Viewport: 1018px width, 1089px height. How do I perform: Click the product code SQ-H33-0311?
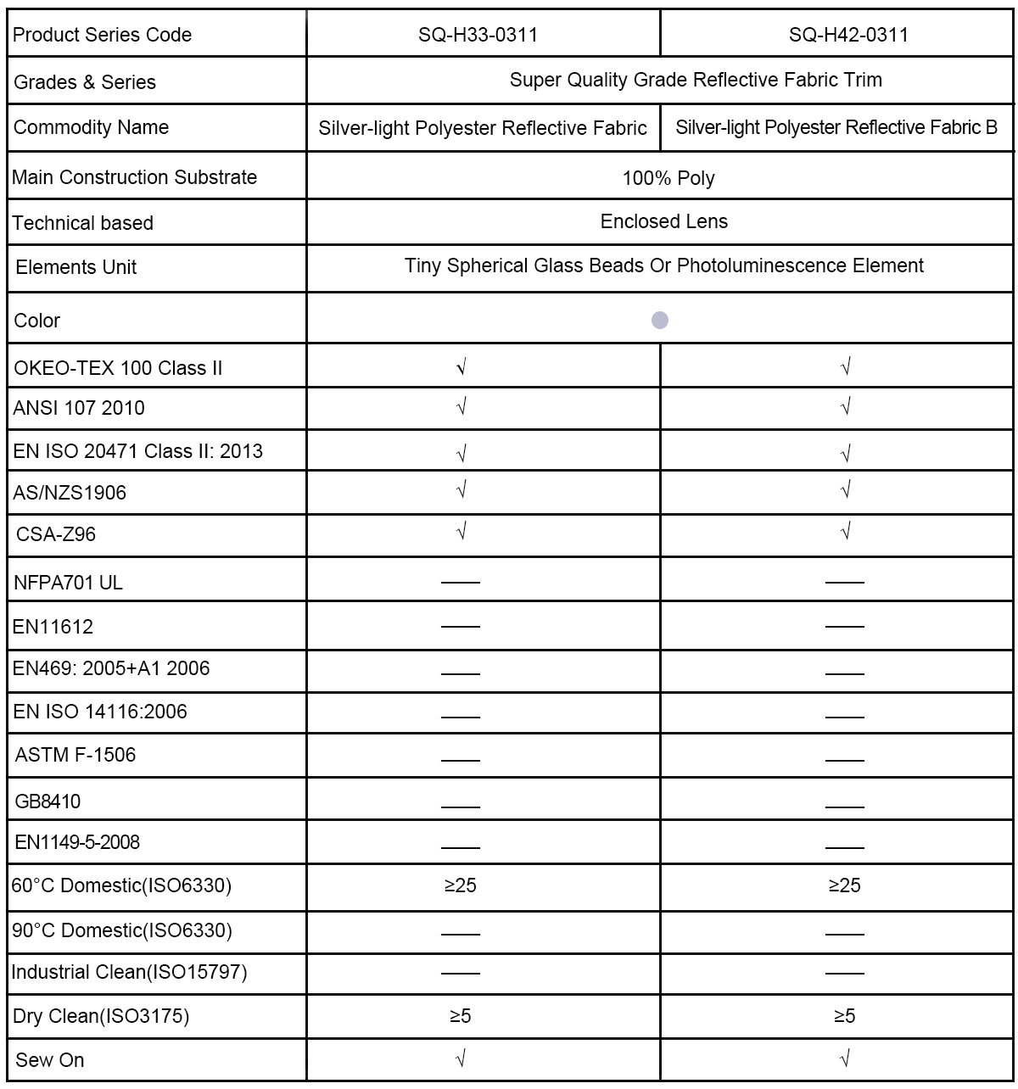(478, 35)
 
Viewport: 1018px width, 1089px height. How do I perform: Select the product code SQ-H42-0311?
(848, 35)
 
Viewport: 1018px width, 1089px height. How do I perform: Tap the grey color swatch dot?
(660, 320)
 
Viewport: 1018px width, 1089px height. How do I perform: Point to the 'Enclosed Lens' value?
(663, 221)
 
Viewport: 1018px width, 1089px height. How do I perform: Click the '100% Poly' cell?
(668, 178)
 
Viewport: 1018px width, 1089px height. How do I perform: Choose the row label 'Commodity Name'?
(91, 127)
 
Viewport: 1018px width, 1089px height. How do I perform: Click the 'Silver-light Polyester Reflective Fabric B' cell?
(836, 127)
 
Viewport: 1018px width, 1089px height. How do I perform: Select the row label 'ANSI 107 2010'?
(79, 408)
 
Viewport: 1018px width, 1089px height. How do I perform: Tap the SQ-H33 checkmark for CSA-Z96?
(461, 532)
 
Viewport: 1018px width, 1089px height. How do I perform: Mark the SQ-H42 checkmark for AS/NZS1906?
(845, 490)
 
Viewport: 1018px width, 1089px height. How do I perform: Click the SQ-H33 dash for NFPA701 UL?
(461, 583)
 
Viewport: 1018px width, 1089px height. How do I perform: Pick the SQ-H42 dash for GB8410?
(845, 807)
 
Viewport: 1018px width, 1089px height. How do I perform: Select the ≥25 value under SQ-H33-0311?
(461, 885)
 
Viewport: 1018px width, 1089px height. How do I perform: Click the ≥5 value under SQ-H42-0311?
(845, 1015)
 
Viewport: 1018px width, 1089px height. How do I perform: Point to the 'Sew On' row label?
(50, 1060)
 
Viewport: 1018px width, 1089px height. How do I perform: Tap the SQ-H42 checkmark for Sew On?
(845, 1058)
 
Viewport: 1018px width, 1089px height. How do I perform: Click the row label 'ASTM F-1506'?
(76, 755)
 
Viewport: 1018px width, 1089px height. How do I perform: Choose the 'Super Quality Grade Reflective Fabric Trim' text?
(696, 80)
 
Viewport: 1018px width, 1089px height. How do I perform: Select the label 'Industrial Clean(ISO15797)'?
(129, 972)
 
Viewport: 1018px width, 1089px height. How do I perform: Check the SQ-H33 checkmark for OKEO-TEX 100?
(461, 367)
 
